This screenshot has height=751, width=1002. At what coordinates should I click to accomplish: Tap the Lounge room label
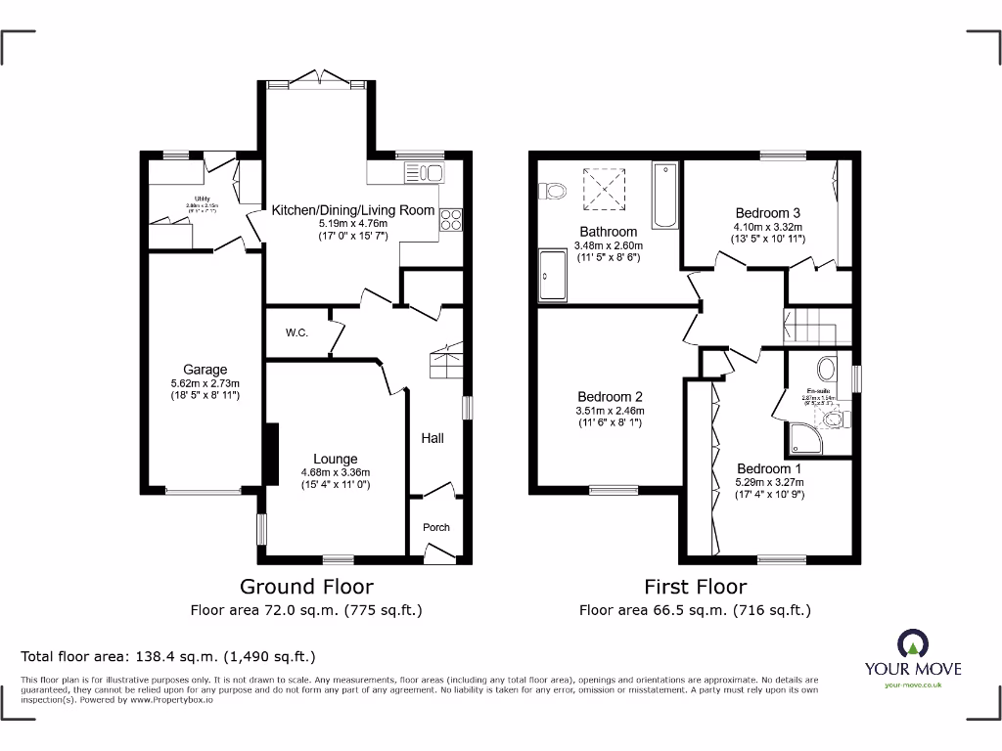pyautogui.click(x=336, y=459)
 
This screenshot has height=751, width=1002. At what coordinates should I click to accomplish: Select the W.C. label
pyautogui.click(x=297, y=333)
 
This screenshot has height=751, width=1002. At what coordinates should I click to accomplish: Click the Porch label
pyautogui.click(x=436, y=527)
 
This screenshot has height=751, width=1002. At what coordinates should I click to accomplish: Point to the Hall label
pyautogui.click(x=433, y=438)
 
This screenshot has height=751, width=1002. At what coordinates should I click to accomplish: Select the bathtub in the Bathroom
pyautogui.click(x=664, y=197)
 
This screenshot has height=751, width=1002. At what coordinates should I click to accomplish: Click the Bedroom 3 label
pyautogui.click(x=768, y=213)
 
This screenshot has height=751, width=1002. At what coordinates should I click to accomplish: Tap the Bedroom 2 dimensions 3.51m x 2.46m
pyautogui.click(x=611, y=411)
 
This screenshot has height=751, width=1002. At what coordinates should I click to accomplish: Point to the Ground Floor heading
pyautogui.click(x=306, y=587)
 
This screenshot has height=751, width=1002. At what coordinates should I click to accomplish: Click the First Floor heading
pyautogui.click(x=695, y=587)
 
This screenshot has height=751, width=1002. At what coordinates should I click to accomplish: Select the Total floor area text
pyautogui.click(x=168, y=656)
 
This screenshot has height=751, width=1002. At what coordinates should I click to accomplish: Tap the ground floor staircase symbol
pyautogui.click(x=445, y=361)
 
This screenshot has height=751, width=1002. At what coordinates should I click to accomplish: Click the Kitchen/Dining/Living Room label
pyautogui.click(x=352, y=210)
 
